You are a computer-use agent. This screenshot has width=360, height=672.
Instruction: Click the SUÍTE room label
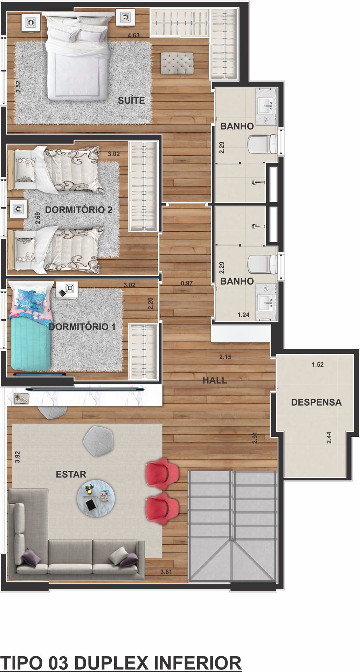pyautogui.click(x=131, y=100)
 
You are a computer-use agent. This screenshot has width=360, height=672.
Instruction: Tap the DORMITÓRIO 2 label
pyautogui.click(x=79, y=210)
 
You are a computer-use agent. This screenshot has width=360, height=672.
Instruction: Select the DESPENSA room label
pyautogui.click(x=316, y=402)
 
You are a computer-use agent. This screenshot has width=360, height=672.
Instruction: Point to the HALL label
pyautogui.click(x=215, y=380)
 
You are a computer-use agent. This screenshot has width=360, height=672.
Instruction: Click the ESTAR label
pyautogui.click(x=71, y=474)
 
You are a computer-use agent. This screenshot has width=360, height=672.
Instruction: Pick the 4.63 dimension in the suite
pyautogui.click(x=133, y=35)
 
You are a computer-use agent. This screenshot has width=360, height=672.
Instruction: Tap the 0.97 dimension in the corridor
pyautogui.click(x=187, y=283)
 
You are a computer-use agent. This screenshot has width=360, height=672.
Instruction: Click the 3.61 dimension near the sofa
pyautogui.click(x=166, y=572)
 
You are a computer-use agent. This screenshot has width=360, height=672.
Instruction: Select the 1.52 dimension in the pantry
pyautogui.click(x=318, y=365)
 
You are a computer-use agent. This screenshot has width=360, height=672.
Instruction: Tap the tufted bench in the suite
pyautogui.click(x=177, y=63)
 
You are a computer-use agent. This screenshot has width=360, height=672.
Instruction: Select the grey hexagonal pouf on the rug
pyautogui.click(x=98, y=441)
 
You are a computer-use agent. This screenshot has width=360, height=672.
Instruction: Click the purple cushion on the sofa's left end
pyautogui.click(x=32, y=557)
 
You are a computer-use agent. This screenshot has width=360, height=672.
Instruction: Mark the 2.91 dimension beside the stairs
pyautogui.click(x=255, y=438)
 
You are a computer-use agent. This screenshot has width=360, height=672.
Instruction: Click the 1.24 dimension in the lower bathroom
pyautogui.click(x=243, y=315)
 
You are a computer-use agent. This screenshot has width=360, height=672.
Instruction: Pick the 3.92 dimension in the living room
pyautogui.click(x=18, y=457)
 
